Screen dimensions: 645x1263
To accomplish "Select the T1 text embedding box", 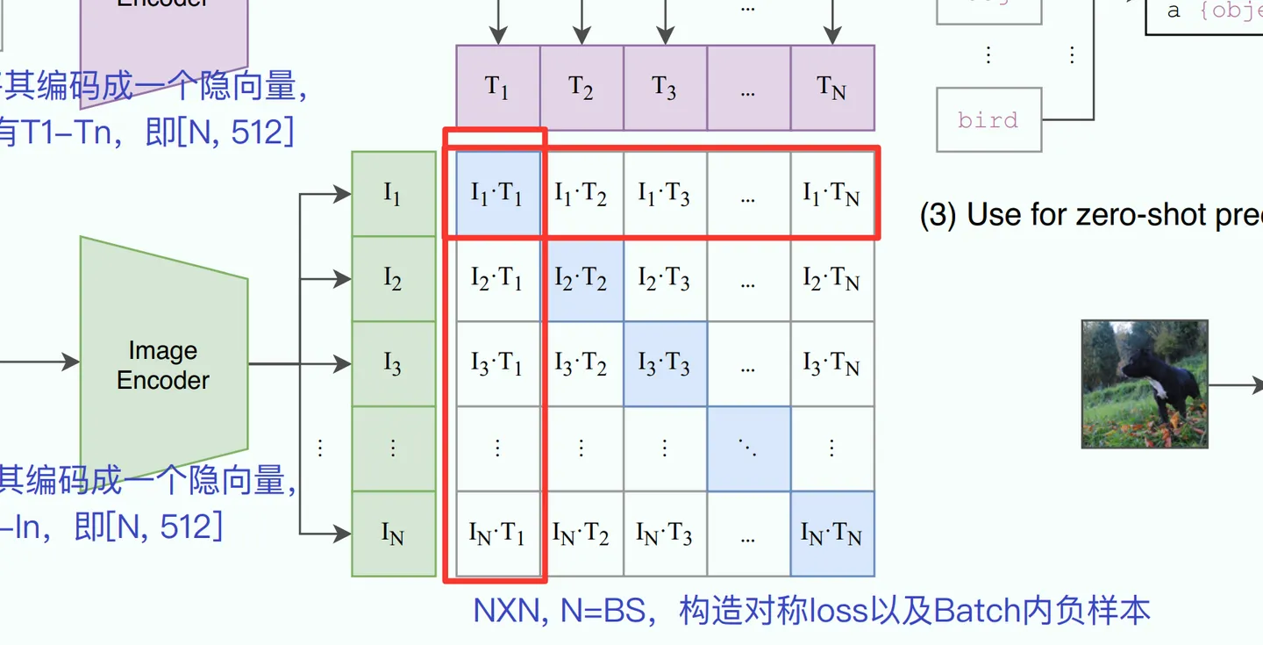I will pyautogui.click(x=497, y=88).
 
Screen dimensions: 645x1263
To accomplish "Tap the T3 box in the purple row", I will pyautogui.click(x=665, y=88).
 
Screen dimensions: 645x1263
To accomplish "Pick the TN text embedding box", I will pyautogui.click(x=832, y=88).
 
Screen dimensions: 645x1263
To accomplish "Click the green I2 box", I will pyautogui.click(x=394, y=279).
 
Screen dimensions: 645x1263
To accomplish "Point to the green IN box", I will pyautogui.click(x=394, y=534).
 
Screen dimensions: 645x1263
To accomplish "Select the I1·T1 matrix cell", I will pyautogui.click(x=497, y=194).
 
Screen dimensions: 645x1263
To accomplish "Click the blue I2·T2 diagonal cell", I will pyautogui.click(x=581, y=279).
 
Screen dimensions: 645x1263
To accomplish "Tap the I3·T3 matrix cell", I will pyautogui.click(x=665, y=364).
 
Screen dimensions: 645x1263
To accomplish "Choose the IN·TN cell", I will pyautogui.click(x=832, y=534).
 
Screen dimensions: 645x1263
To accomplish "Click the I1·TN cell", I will pyautogui.click(x=832, y=194).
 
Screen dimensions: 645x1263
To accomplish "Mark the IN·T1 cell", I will pyautogui.click(x=497, y=534).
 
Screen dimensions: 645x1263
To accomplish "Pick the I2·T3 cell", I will pyautogui.click(x=665, y=279).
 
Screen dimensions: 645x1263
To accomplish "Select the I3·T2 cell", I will pyautogui.click(x=581, y=364).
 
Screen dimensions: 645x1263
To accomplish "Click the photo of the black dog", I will pyautogui.click(x=1145, y=383).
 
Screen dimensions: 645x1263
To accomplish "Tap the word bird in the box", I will pyautogui.click(x=988, y=119).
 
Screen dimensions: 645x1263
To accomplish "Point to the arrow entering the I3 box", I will pyautogui.click(x=333, y=364).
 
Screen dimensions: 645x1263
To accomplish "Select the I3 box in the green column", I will pyautogui.click(x=394, y=364).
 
